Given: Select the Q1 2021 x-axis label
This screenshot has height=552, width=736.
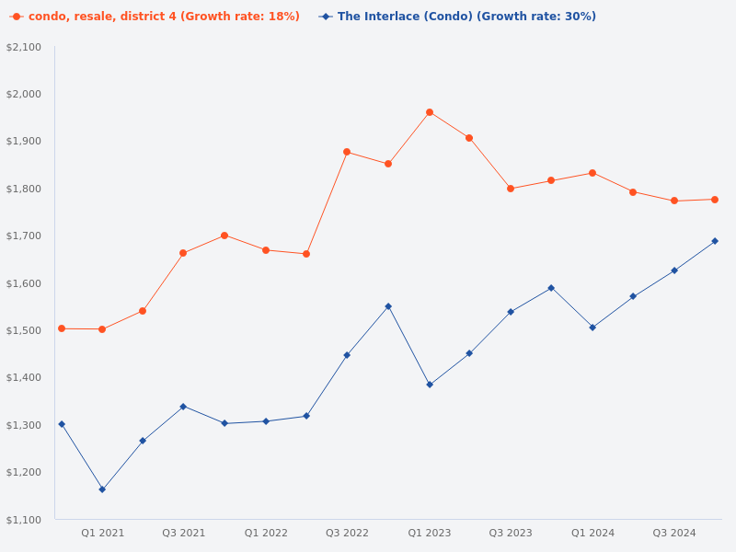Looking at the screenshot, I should tap(102, 533).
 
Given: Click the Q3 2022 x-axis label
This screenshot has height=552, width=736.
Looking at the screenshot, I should tap(347, 533).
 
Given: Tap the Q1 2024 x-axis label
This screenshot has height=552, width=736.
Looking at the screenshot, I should tap(592, 533).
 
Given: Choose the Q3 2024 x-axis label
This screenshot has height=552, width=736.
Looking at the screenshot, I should tap(674, 533).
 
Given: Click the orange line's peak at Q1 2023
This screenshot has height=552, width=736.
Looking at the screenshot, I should tap(430, 112).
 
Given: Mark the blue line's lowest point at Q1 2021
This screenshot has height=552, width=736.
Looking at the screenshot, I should tap(102, 489).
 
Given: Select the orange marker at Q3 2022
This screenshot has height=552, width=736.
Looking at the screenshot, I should tap(347, 152).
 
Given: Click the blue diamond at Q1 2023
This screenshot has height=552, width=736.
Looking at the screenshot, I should tap(430, 385).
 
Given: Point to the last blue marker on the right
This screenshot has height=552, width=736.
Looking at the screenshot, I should tap(715, 241).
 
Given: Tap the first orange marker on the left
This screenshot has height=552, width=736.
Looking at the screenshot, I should tap(62, 328).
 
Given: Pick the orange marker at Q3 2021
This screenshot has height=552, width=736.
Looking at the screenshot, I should tap(183, 253).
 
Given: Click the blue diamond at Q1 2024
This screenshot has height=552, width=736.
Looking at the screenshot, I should tap(592, 328).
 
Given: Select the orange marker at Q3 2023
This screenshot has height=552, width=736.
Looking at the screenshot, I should tap(511, 189).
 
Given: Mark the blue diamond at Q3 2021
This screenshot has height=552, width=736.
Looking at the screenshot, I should tap(183, 407).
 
